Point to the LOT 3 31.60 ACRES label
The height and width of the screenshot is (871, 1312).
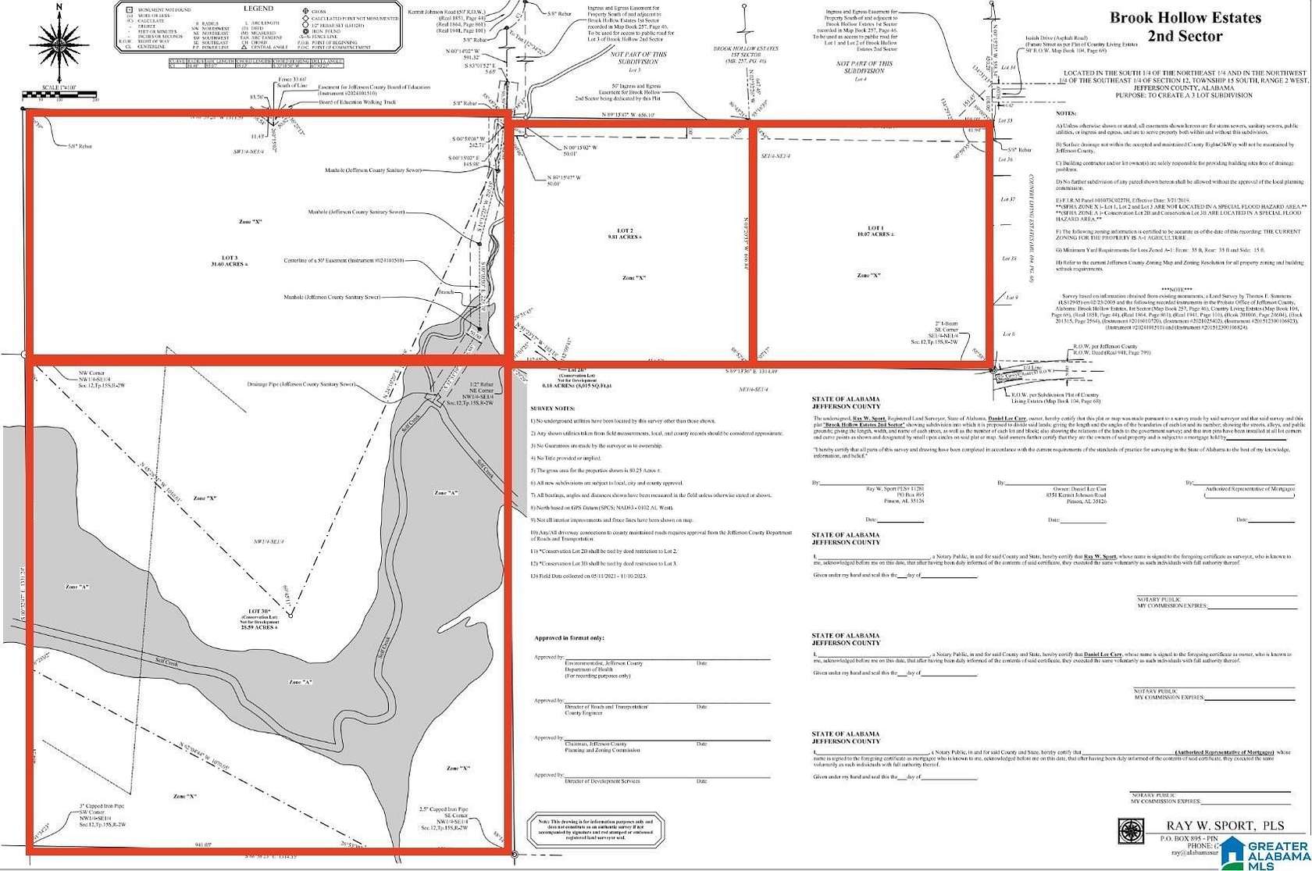230,261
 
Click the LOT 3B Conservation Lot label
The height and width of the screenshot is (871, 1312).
260,618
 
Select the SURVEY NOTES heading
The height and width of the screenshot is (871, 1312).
552,409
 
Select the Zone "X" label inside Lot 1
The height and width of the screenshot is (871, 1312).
868,276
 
